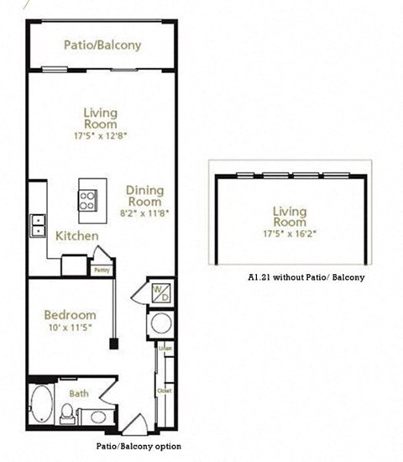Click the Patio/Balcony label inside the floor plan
pos(102,45)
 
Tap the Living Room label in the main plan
pos(100,118)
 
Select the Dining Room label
pos(144,196)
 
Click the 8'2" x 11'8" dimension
pos(145,213)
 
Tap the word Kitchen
pos(77,236)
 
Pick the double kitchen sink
pos(38,224)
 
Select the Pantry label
pos(101,270)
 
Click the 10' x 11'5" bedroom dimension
pos(69,329)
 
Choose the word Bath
pos(79,392)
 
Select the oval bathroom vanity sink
pos(97,416)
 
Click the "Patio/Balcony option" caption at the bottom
pos(131,445)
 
